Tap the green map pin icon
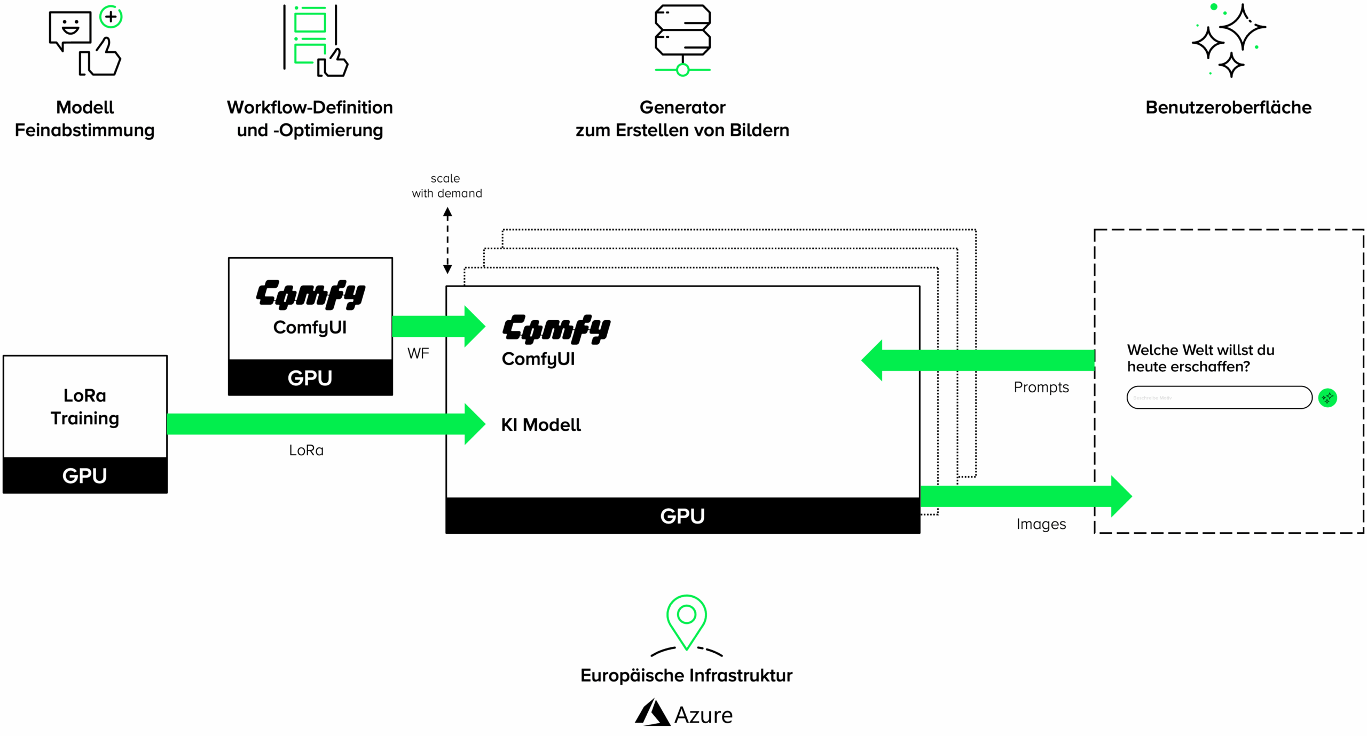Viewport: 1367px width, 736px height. click(686, 622)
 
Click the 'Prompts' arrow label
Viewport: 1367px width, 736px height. click(1041, 387)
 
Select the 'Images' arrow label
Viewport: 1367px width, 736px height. click(1041, 524)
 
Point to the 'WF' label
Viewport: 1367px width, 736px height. click(418, 353)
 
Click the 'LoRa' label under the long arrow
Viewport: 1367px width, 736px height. click(306, 450)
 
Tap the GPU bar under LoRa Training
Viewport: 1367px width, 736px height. click(85, 475)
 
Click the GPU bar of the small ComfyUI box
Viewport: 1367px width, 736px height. click(310, 377)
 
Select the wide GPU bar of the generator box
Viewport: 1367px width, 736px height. click(682, 516)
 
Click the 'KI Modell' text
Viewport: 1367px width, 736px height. click(540, 425)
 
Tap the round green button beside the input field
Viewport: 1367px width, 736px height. click(1327, 398)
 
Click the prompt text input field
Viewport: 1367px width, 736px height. click(1219, 398)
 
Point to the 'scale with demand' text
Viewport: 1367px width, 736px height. click(446, 186)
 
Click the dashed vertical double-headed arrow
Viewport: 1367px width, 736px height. click(447, 241)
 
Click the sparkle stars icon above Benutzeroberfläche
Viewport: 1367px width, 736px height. click(1228, 41)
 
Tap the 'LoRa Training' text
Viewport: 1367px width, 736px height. click(85, 407)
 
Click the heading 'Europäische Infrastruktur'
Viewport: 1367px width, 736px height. click(686, 675)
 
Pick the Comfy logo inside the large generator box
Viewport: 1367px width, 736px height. click(556, 329)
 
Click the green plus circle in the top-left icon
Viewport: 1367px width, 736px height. click(111, 17)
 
